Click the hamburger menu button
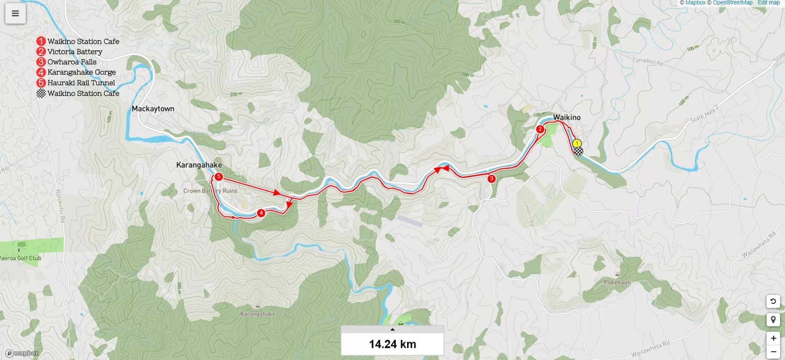click(x=15, y=13)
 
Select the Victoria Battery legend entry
click(x=74, y=52)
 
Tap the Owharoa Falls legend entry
click(x=72, y=62)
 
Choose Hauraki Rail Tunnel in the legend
click(x=81, y=83)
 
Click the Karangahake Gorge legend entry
click(x=81, y=72)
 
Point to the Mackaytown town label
click(x=153, y=109)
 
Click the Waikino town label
click(x=567, y=117)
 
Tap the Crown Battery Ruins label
click(x=210, y=191)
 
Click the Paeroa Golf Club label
click(x=20, y=258)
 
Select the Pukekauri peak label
click(x=617, y=282)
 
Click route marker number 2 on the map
click(x=540, y=129)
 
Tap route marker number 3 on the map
click(x=491, y=178)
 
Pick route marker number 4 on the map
click(x=261, y=213)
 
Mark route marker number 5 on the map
click(x=219, y=177)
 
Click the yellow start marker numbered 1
click(x=577, y=144)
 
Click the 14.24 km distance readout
click(x=392, y=344)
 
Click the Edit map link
click(x=769, y=3)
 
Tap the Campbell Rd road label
click(x=648, y=62)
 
